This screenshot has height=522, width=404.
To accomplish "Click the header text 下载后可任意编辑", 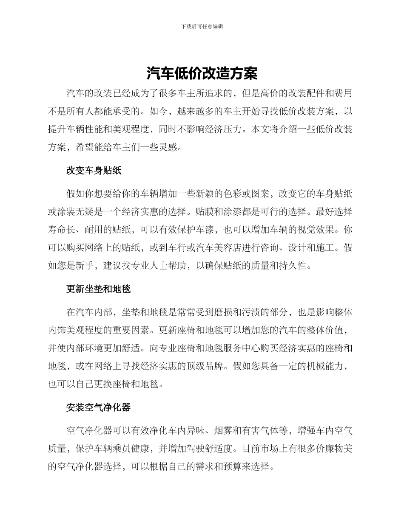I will point(202,26).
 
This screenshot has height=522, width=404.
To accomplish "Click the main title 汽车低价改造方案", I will point(202,73).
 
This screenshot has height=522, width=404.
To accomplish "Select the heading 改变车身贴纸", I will point(94,171).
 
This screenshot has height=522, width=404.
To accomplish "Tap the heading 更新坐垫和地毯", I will point(99,289).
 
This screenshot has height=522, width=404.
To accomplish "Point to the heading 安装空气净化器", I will point(99,407).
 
